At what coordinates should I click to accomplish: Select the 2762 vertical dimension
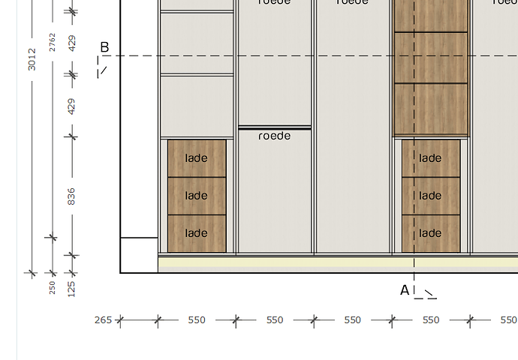click(x=52, y=42)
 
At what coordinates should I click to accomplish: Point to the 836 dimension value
click(x=72, y=196)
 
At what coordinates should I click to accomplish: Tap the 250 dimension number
click(x=53, y=286)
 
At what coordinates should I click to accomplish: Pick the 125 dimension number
click(x=72, y=288)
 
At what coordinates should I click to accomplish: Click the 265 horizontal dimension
click(x=103, y=320)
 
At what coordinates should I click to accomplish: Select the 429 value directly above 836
click(x=72, y=106)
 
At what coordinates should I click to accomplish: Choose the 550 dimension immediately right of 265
click(x=197, y=320)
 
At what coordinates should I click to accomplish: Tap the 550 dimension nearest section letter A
click(x=431, y=320)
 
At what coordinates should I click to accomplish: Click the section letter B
click(x=104, y=48)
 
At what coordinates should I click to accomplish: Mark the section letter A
click(x=405, y=290)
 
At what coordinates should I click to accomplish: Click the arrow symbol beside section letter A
click(x=429, y=293)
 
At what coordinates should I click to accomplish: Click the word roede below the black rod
click(x=274, y=136)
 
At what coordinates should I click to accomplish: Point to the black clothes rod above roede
click(x=275, y=128)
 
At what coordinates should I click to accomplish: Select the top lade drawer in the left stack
click(x=197, y=158)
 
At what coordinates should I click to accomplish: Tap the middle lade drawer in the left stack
click(x=197, y=196)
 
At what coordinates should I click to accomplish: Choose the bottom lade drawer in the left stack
click(x=197, y=233)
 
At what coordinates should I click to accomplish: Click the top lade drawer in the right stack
click(x=430, y=158)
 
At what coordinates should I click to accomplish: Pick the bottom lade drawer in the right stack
click(x=430, y=233)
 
